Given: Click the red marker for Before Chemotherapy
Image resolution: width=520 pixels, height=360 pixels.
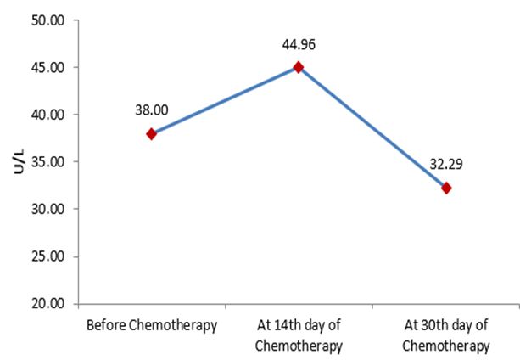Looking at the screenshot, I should coord(152,133).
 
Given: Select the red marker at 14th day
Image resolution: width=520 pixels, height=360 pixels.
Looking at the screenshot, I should coord(298,67).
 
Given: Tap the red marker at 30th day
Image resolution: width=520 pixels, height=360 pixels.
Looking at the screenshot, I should coord(446,188).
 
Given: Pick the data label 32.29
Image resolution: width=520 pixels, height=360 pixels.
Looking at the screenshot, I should coord(446,163).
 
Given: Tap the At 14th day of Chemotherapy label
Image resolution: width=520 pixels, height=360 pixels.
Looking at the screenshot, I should coord(299,336).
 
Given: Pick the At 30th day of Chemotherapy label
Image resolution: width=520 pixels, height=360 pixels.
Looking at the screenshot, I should coord(446,336).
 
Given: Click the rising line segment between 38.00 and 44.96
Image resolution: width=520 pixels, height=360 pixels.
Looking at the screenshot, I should coord(225,100).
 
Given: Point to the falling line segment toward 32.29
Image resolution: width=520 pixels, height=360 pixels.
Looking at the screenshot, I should coord(372,127).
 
